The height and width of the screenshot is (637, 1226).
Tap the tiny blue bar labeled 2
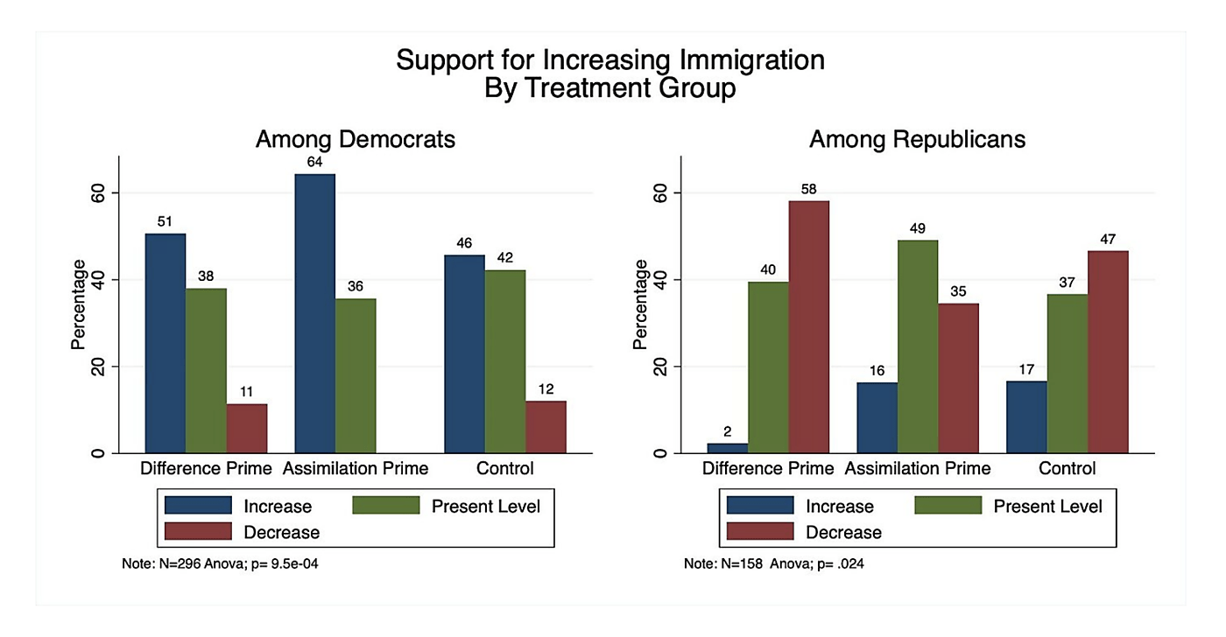point(727,448)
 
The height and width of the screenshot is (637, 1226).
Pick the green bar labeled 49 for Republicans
point(917,346)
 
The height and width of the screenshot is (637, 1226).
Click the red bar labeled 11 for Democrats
point(246,428)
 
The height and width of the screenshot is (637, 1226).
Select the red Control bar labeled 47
point(1108,352)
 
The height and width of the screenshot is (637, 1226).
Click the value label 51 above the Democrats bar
point(165,221)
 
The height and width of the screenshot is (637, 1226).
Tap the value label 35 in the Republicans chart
point(958,291)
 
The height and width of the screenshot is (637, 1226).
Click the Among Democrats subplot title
point(355,139)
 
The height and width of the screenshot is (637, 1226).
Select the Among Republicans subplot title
point(917,139)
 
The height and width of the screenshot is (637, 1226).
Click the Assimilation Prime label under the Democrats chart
point(356,469)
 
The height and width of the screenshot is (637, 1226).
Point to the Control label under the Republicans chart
point(1067,469)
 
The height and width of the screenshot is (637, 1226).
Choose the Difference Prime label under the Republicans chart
point(768,469)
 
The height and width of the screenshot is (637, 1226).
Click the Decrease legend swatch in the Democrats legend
point(198,531)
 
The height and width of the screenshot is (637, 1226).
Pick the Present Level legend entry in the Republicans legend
point(1047,506)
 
